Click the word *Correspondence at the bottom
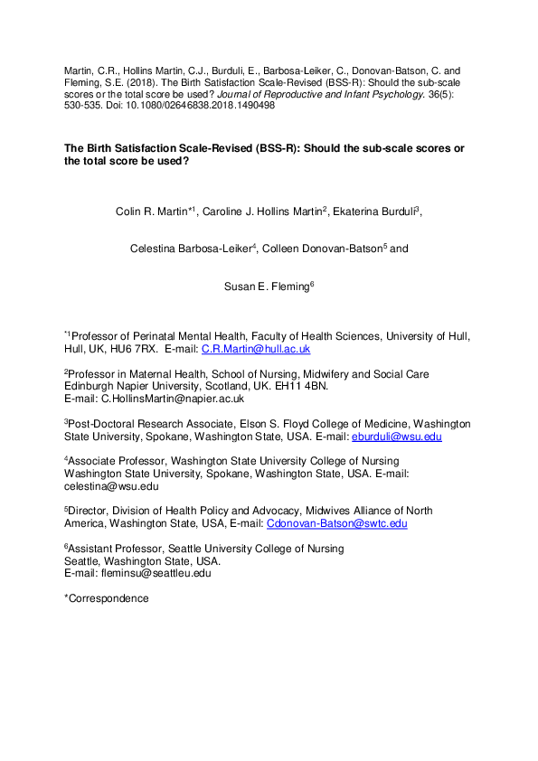click(x=106, y=597)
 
